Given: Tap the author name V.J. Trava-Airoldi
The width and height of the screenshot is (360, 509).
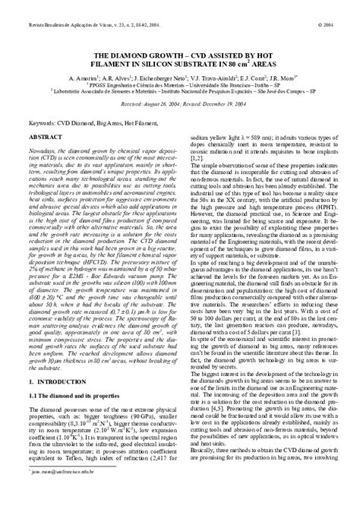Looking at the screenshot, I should (x=213, y=78).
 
